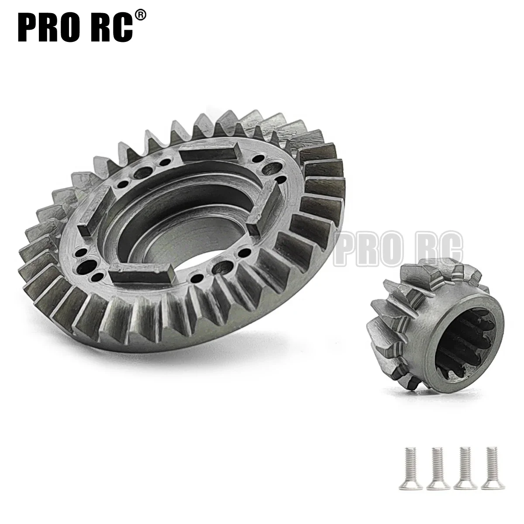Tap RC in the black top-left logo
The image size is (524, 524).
point(110,27)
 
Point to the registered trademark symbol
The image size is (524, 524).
point(140,15)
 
